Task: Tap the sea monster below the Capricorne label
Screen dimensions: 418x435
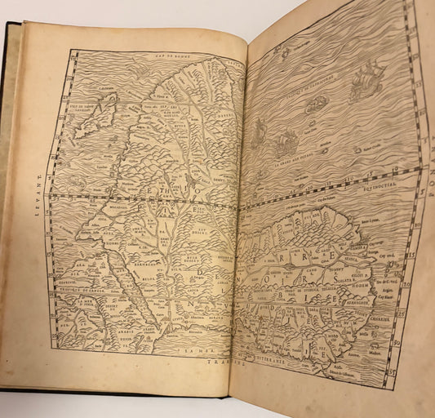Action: click(x=317, y=102)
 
